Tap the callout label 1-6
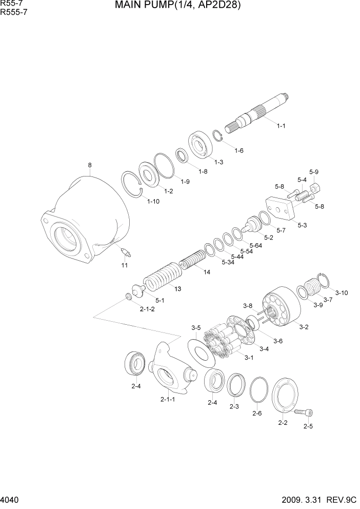pyautogui.click(x=238, y=150)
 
